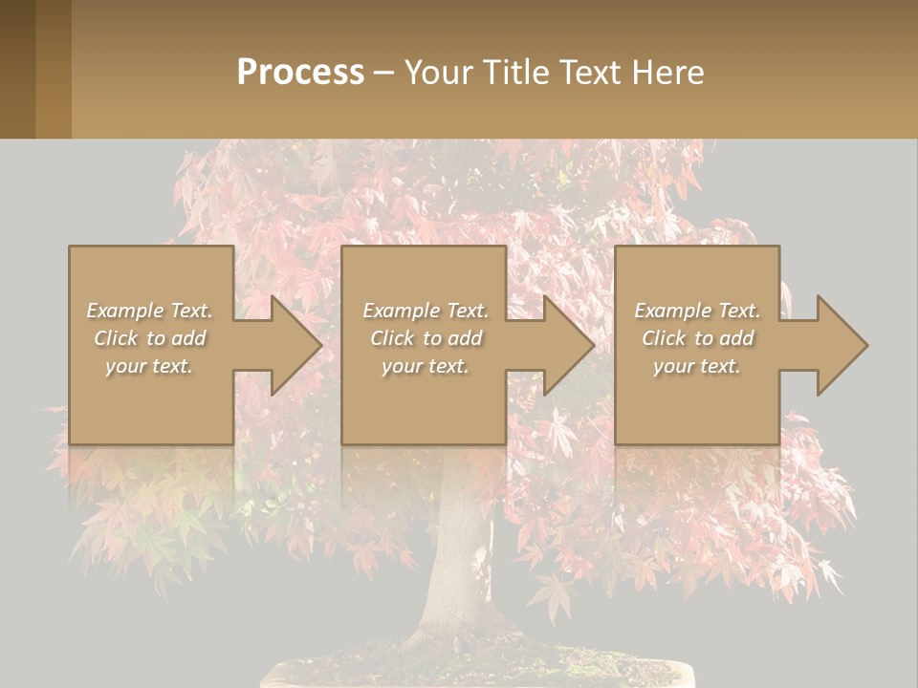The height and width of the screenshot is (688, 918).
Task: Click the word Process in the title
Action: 300,73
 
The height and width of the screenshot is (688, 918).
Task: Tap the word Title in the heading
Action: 512,73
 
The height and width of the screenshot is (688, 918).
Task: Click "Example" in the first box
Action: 124,311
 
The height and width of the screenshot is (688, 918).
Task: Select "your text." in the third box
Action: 696,366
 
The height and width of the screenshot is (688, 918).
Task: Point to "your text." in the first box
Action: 149,366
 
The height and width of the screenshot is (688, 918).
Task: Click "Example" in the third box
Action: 672,311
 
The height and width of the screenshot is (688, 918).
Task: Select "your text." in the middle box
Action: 425,366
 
